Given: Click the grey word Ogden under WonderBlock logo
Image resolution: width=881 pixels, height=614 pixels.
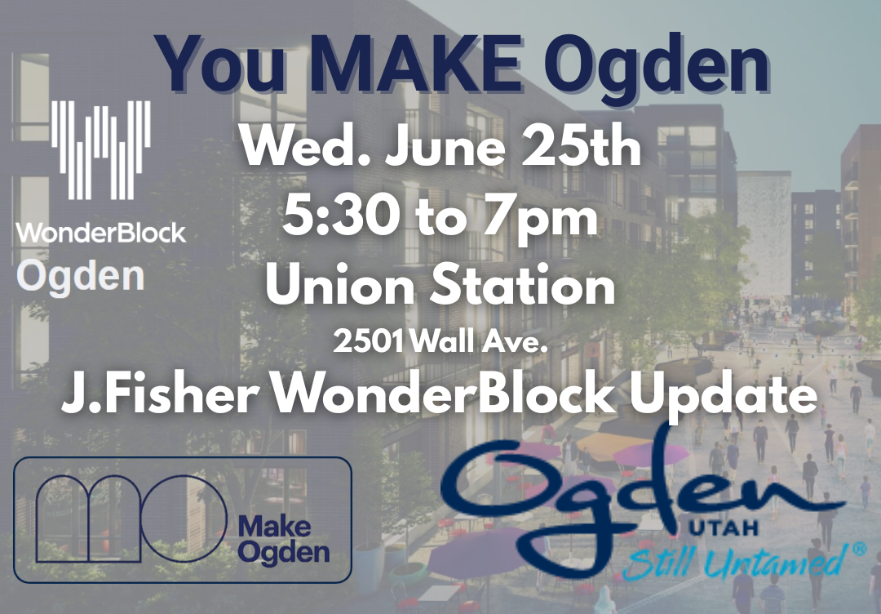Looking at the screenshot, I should (81, 277).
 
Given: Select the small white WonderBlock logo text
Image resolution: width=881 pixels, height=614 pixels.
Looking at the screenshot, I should (100, 233).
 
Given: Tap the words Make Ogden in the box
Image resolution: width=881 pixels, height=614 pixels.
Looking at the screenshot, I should (283, 538).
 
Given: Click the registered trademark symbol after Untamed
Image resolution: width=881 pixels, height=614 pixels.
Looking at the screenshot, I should (857, 550).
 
